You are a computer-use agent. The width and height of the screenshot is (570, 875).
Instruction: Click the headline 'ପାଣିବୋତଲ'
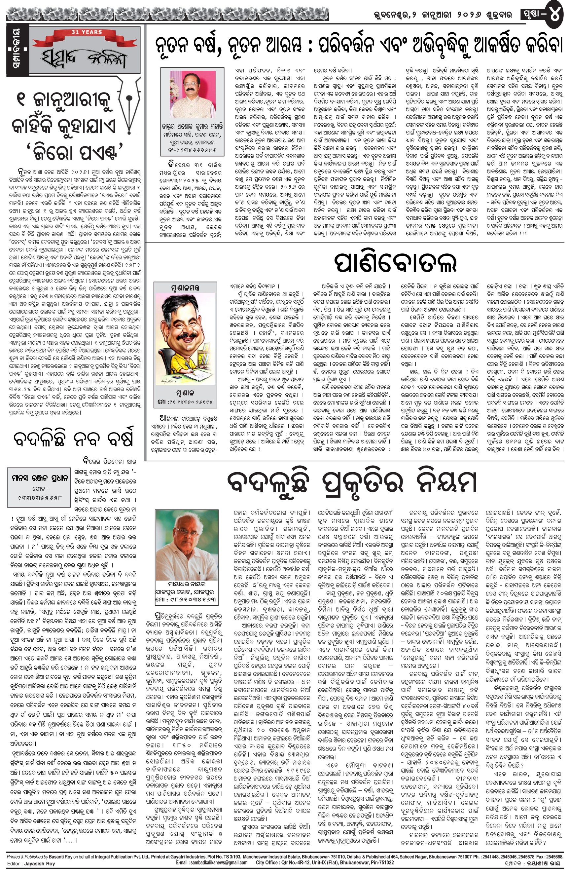[x=395, y=262]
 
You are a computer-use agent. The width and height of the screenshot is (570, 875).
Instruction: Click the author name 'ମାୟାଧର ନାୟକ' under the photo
[x=185, y=584]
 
